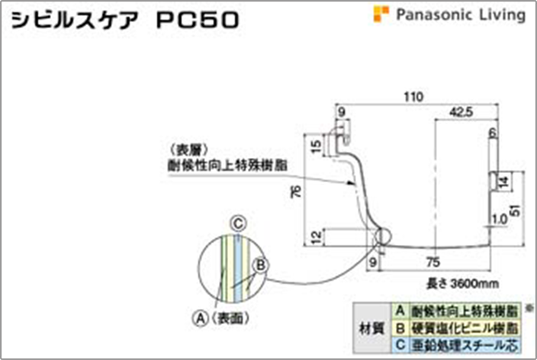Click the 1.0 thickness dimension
click(499, 219)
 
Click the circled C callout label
click(238, 222)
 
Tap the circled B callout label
click(260, 265)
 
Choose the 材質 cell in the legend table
click(371, 329)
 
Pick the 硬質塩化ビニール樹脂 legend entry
click(464, 329)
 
